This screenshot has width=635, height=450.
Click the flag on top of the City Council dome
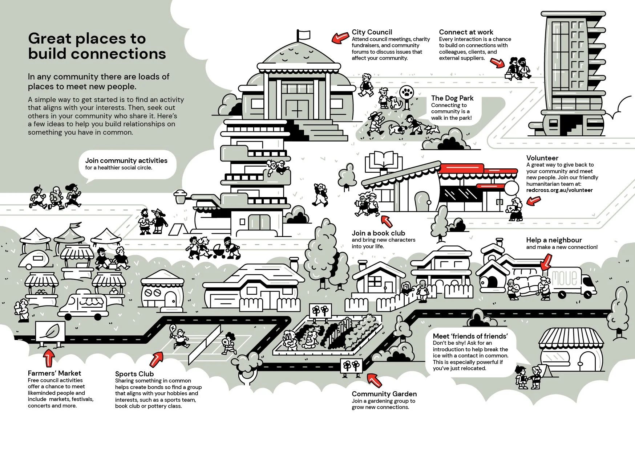pos(304,34)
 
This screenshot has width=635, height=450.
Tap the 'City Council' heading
pos(372,32)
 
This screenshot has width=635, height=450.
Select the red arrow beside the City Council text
pos(340,37)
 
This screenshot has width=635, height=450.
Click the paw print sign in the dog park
pos(406,93)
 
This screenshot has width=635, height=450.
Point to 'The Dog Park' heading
pos(452,98)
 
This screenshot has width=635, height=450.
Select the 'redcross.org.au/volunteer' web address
pos(559,190)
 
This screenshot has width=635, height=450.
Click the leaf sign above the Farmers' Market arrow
pos(50,331)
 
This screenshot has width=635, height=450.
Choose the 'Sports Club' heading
pos(134,374)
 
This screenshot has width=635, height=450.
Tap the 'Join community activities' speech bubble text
pos(126,160)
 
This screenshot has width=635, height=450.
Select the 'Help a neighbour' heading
pos(554,240)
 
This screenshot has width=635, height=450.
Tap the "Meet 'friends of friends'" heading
pos(470,336)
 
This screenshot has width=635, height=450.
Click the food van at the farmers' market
pos(83,304)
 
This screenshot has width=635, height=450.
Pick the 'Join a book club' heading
pos(378,233)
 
